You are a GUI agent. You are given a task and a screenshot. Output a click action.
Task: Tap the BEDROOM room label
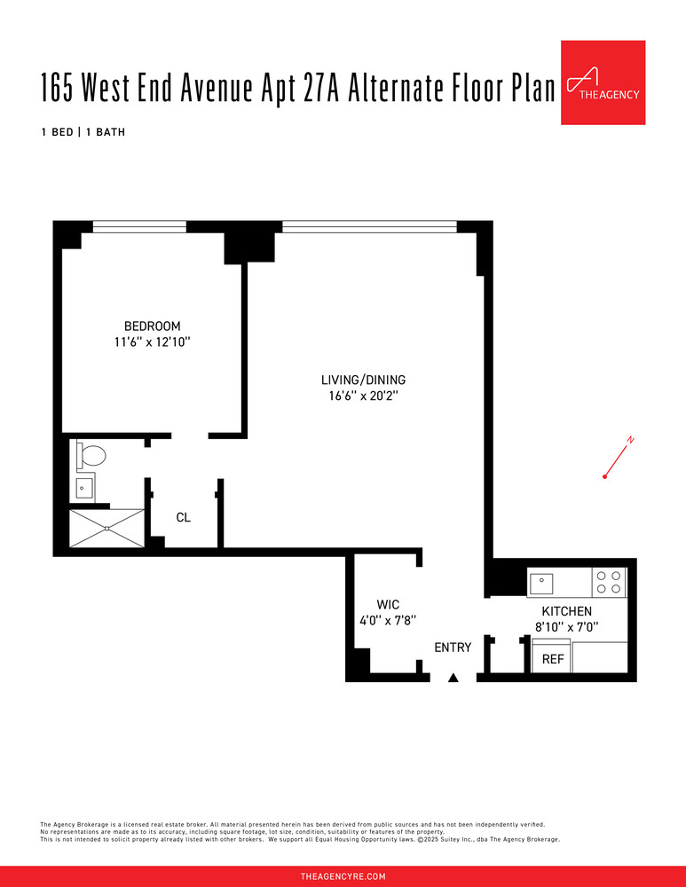click(152, 326)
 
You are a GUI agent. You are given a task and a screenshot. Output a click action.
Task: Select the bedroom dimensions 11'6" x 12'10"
click(152, 341)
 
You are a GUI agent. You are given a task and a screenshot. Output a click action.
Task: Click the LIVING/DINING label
click(363, 380)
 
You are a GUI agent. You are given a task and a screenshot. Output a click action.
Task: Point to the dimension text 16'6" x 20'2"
click(363, 396)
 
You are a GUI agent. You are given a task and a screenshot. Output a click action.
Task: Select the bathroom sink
click(86, 487)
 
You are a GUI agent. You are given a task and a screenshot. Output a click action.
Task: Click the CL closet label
click(183, 517)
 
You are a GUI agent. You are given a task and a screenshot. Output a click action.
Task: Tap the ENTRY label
click(453, 648)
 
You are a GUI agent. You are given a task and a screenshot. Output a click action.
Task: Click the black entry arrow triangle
click(453, 678)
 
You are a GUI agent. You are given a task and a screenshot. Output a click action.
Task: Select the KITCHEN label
click(566, 611)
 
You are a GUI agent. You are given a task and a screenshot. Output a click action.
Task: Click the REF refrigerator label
click(553, 660)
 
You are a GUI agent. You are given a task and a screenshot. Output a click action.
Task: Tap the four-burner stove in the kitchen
click(609, 582)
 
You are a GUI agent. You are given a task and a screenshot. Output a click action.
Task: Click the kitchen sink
click(541, 583)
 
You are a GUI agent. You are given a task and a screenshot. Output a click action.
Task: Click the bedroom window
click(139, 226)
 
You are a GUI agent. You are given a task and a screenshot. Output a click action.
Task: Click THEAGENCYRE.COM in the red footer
click(343, 876)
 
